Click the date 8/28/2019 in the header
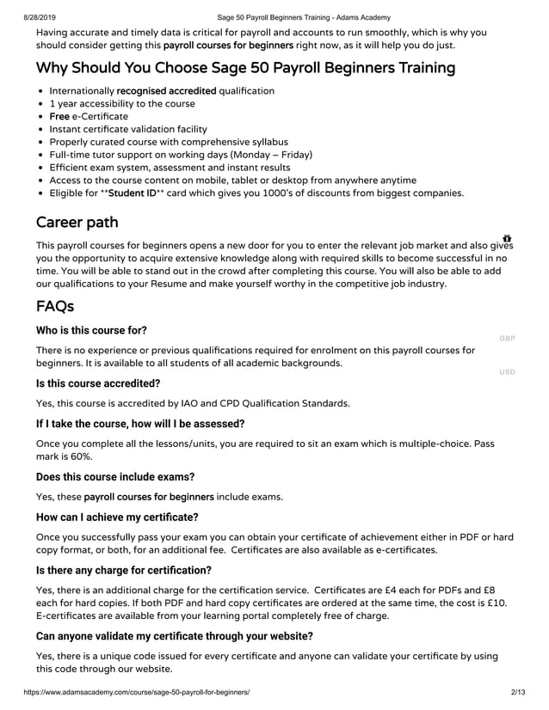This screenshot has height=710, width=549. pos(22,17)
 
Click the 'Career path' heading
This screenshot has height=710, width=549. pos(78,223)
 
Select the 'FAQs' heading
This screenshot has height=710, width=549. pos(55,307)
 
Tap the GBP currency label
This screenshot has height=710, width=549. pos(507,338)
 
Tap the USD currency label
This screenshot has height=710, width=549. pos(507,372)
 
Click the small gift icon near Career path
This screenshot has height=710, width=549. pos(507,238)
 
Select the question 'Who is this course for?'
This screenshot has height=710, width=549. pos(91,330)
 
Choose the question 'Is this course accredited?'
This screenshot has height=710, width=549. pos(98,383)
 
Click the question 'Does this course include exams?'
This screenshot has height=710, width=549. pos(115,476)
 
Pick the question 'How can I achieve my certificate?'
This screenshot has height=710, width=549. pos(118,517)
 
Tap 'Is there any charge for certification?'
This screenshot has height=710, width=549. pos(124,570)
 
